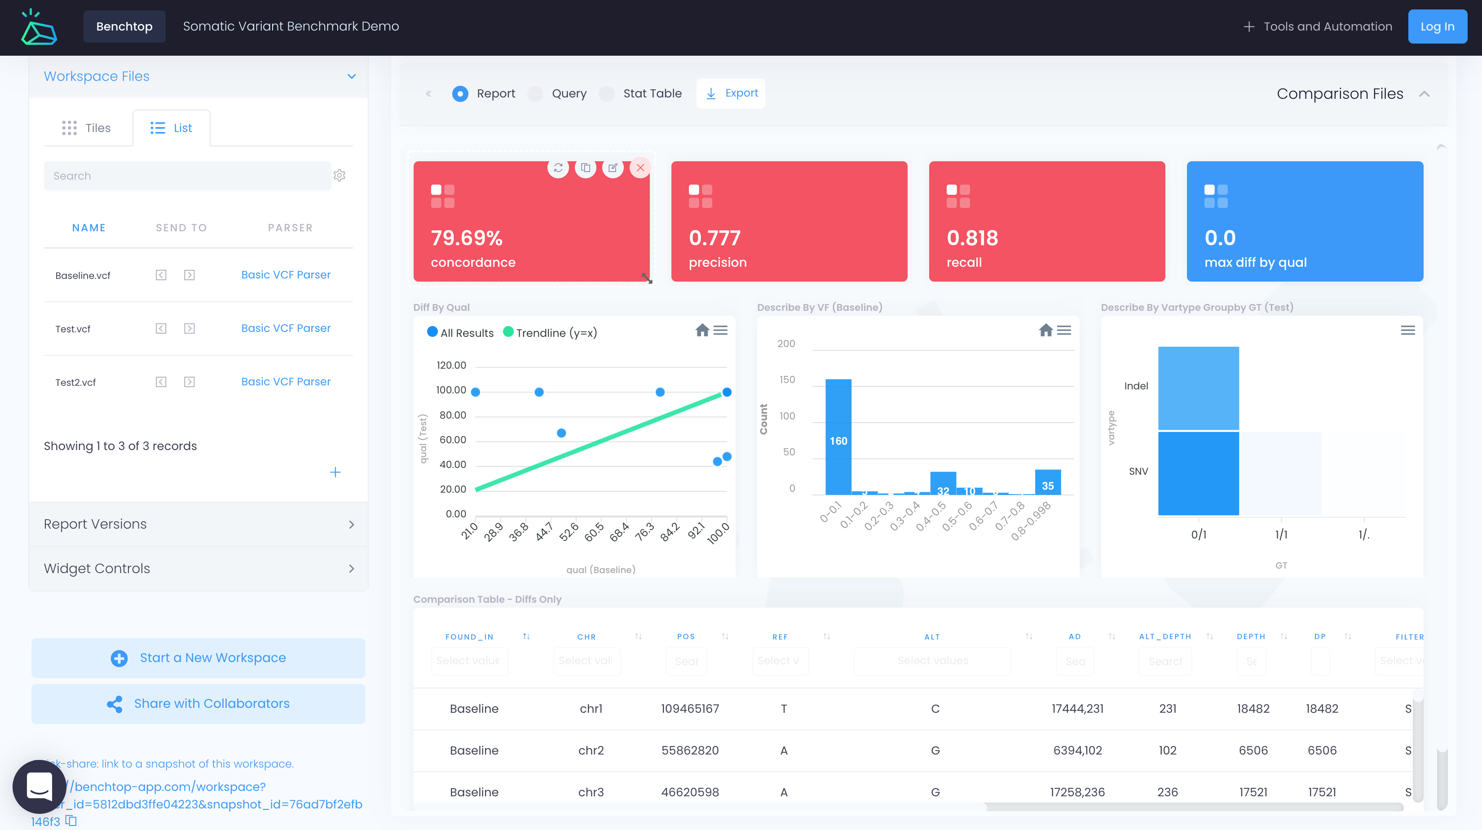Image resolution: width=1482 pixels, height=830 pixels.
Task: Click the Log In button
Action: click(1437, 26)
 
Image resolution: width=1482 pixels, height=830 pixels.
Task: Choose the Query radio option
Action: click(536, 94)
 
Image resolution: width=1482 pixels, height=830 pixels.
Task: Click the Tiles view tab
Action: click(87, 128)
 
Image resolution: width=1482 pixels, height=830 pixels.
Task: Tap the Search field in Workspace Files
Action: click(187, 176)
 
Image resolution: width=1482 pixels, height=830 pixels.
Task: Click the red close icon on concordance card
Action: click(640, 168)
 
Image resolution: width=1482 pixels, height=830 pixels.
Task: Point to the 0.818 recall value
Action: click(972, 238)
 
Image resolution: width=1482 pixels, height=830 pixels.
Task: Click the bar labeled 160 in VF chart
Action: click(838, 437)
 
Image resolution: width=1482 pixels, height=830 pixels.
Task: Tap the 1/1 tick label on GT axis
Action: click(1281, 534)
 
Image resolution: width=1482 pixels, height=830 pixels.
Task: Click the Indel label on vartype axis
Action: click(1136, 386)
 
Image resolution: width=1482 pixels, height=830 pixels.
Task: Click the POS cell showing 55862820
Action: click(689, 750)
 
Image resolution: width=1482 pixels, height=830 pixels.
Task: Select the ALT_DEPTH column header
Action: click(1164, 637)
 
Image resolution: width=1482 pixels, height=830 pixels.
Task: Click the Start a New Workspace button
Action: click(198, 658)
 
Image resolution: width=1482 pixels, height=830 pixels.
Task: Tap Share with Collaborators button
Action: click(198, 703)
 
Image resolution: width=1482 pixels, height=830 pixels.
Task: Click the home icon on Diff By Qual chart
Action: click(702, 330)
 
